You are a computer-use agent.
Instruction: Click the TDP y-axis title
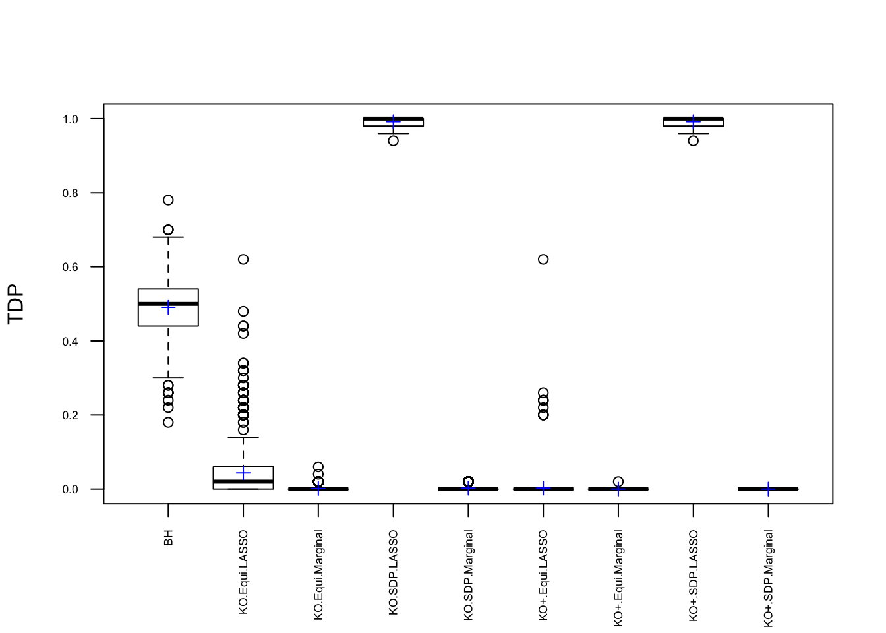16,304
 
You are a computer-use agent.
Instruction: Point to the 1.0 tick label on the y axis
71,119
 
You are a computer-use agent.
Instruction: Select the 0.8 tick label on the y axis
71,193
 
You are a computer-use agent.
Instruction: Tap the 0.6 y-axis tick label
71,267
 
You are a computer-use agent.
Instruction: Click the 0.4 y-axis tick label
71,342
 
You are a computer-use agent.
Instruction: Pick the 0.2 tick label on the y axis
71,415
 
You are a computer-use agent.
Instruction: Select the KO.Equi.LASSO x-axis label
243,572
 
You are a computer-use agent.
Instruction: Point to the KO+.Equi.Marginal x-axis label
618,578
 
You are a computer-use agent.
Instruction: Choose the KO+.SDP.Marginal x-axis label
769,578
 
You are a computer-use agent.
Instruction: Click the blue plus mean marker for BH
168,308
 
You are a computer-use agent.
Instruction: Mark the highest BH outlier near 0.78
168,200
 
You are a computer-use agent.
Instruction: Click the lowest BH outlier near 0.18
168,422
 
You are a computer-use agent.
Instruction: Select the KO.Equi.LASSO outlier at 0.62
243,259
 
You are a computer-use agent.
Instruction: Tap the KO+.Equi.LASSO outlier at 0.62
543,259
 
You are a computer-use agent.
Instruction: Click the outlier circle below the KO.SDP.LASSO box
394,140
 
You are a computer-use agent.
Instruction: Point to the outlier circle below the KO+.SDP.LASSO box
694,140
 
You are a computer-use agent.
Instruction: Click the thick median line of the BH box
168,304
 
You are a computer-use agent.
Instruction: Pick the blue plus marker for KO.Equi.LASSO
243,473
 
